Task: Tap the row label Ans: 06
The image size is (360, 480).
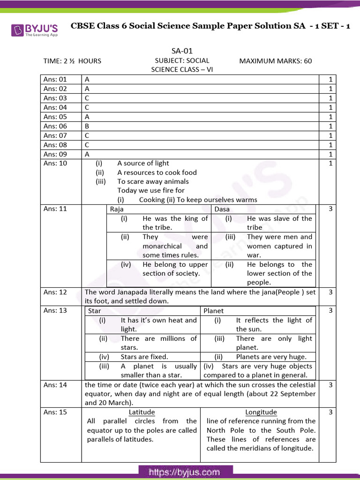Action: [55, 126]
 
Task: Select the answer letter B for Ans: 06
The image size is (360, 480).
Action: [87, 126]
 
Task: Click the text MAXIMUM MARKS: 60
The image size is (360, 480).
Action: [275, 61]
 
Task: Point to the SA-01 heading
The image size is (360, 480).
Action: [182, 51]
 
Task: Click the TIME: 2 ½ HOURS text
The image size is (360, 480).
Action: [72, 61]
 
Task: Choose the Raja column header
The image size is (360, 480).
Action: [117, 209]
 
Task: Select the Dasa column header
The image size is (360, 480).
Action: [222, 209]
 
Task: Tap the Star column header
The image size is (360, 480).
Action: [95, 311]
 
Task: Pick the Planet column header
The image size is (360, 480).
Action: [214, 311]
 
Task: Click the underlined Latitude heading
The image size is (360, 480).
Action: [142, 412]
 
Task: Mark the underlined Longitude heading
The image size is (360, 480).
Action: [261, 412]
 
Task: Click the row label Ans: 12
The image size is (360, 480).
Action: [55, 292]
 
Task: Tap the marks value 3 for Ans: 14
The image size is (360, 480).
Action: [330, 385]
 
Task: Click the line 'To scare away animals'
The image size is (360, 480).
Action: [153, 181]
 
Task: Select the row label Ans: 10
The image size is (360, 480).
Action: [55, 163]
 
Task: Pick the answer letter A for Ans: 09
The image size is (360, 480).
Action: [87, 154]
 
